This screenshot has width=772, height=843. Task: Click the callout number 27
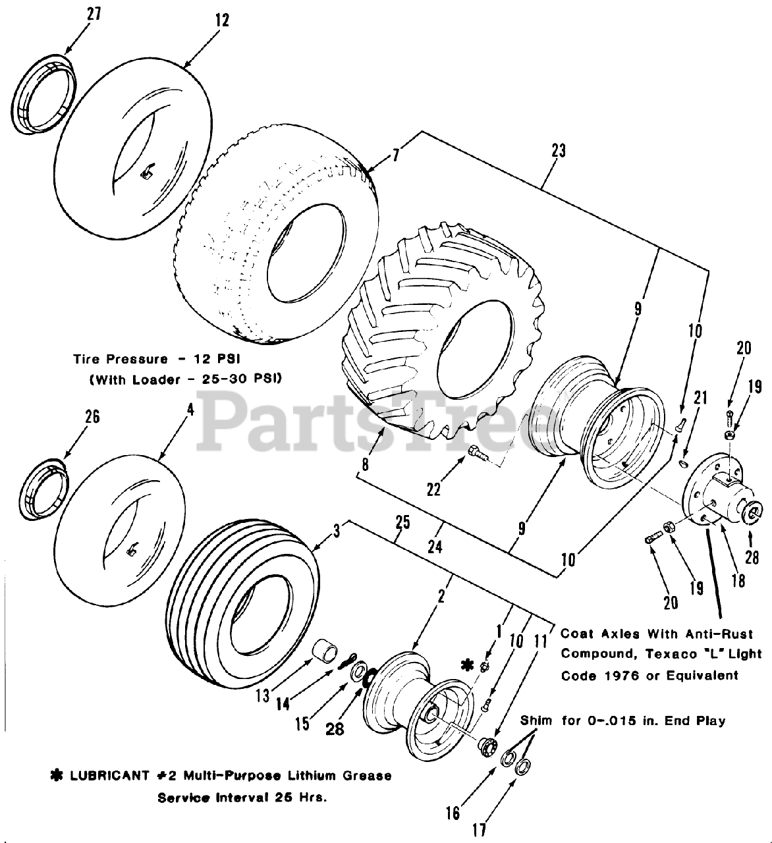[94, 14]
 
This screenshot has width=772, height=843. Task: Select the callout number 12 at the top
[222, 20]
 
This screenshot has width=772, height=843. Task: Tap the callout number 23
[558, 150]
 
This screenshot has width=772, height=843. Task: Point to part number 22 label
[433, 489]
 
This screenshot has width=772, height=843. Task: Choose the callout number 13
[263, 695]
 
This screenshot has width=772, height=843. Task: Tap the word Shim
[536, 721]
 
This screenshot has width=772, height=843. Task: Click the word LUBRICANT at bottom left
[109, 776]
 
